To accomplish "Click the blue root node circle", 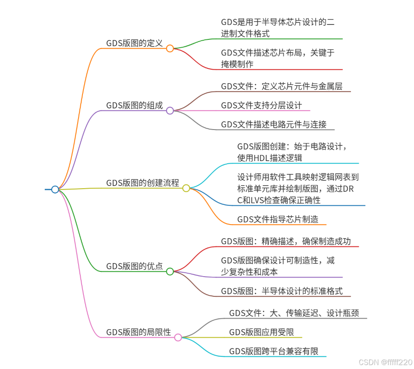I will (x=55, y=190).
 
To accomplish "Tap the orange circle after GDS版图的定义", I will (x=170, y=49).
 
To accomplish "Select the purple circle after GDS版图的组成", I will (x=170, y=111).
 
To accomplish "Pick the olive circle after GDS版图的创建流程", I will (x=186, y=188).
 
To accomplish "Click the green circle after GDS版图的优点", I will (x=170, y=271).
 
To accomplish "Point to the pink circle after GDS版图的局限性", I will (x=178, y=337).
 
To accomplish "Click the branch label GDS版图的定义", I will (x=134, y=43).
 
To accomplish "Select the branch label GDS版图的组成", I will (x=134, y=105).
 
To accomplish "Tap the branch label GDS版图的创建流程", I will (x=143, y=183).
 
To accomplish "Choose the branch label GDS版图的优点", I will (x=134, y=266).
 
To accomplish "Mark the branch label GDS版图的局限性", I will (x=139, y=332).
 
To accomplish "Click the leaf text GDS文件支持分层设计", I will (x=261, y=105).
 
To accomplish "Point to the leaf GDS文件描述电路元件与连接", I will (x=274, y=125).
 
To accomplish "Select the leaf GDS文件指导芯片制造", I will (x=278, y=220).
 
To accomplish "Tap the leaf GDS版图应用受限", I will (x=261, y=332).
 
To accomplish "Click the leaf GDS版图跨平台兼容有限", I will (x=274, y=351).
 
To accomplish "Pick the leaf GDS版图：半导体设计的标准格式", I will (x=282, y=291).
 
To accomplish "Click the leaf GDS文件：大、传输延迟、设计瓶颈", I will (x=294, y=313).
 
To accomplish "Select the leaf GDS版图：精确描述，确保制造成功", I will (x=286, y=241).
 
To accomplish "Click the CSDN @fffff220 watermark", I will (x=385, y=362).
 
